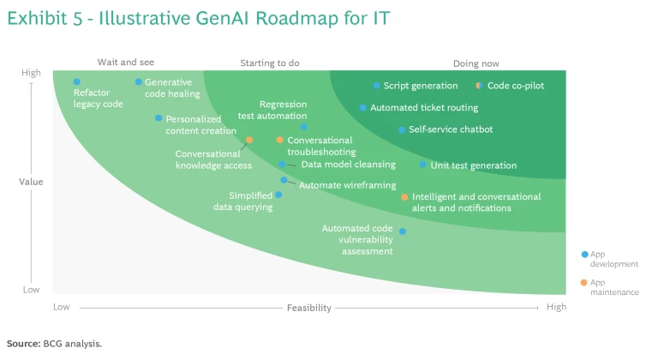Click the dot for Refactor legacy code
point(77,82)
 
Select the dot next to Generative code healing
point(139,82)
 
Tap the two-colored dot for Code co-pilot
point(479,86)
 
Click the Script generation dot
point(376,86)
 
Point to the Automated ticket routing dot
point(363,108)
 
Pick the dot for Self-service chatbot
point(402,129)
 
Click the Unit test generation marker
point(423,165)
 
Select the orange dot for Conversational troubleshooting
point(280,140)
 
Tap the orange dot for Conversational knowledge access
point(249,140)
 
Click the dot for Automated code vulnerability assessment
point(403,231)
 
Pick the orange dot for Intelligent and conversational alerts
point(404,197)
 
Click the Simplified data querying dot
point(278,195)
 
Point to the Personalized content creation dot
point(159,118)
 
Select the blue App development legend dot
point(584,255)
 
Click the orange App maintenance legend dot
point(583,283)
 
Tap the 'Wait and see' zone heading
point(126,63)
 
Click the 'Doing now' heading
point(476,63)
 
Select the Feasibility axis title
point(308,308)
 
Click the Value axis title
point(31,182)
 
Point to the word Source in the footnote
point(23,344)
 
